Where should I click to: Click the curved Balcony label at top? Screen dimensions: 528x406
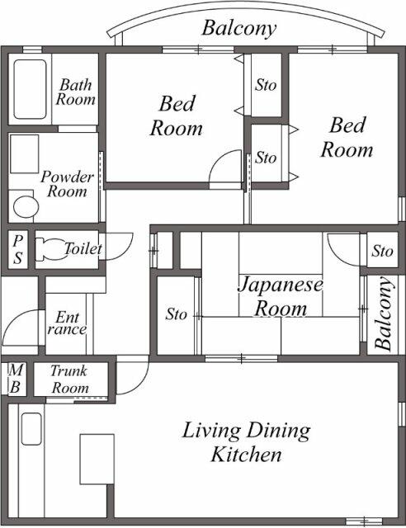(x=239, y=29)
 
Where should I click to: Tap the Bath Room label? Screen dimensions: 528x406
(x=76, y=92)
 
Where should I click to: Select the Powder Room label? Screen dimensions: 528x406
(x=67, y=184)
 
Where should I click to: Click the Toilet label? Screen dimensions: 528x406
(x=83, y=248)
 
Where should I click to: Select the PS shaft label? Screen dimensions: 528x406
(x=17, y=248)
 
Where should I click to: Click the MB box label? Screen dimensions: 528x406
(x=15, y=379)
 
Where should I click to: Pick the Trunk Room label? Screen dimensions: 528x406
(x=69, y=379)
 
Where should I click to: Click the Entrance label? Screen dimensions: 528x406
(x=69, y=323)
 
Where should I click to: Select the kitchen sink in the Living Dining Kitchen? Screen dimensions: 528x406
(x=31, y=430)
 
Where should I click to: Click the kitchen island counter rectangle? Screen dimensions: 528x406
(x=96, y=460)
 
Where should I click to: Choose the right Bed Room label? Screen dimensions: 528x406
(x=347, y=137)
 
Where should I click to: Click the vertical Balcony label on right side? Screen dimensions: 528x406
(x=385, y=314)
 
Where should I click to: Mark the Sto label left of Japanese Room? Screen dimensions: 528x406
(x=176, y=314)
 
